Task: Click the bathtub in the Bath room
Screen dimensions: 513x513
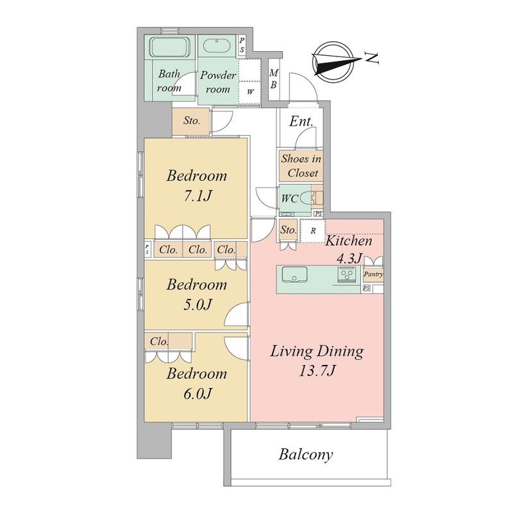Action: [x=170, y=46]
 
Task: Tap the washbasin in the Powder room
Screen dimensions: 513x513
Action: [x=216, y=46]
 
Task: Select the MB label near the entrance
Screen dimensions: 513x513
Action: [x=274, y=78]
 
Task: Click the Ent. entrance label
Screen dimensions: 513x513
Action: [x=301, y=121]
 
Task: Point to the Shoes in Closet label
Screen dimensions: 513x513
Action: [x=301, y=166]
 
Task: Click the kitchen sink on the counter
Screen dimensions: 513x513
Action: [x=294, y=274]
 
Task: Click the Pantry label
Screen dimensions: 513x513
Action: [x=373, y=274]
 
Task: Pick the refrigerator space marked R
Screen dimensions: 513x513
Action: [x=313, y=231]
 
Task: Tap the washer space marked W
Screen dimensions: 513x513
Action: [x=250, y=92]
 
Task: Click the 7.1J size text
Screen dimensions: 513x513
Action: [x=198, y=196]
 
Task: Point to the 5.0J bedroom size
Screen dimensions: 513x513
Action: [x=198, y=305]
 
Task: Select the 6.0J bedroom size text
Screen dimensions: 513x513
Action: [x=198, y=394]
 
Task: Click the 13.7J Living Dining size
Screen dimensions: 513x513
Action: [x=317, y=371]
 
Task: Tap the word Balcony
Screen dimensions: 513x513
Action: [x=306, y=455]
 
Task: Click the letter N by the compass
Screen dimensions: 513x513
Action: [x=372, y=58]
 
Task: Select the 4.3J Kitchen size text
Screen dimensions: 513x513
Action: [x=349, y=259]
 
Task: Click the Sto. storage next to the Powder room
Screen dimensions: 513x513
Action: [x=191, y=121]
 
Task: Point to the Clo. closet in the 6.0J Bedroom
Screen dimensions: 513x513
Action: [x=159, y=342]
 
